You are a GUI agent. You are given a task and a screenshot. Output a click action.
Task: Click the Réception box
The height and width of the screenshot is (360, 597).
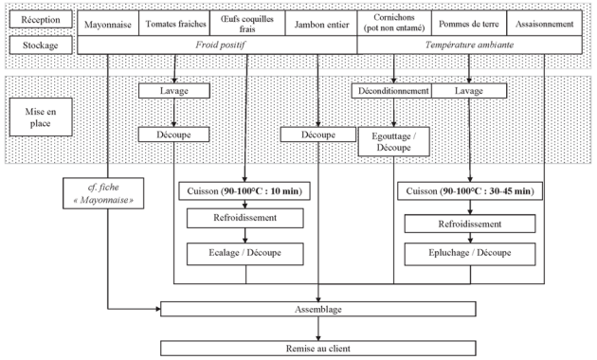pos(41,19)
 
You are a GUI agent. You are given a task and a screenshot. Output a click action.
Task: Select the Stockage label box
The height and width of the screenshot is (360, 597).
pos(41,45)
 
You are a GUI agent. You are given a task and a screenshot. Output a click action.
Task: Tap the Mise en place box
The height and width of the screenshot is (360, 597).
pos(41,117)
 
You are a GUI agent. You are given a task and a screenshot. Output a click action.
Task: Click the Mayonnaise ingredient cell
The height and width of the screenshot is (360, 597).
pos(108,24)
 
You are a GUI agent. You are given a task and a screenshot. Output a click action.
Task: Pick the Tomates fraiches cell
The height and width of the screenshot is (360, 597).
pos(175,24)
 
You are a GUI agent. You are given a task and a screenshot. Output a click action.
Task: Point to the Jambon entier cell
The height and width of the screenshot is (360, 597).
pos(321,24)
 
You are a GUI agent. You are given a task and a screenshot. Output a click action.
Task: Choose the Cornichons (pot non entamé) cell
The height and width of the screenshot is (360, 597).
pos(394,24)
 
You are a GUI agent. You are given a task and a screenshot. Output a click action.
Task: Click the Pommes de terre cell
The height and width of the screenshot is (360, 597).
pos(469,24)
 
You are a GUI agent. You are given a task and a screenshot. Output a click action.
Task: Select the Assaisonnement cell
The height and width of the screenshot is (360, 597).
pos(545,24)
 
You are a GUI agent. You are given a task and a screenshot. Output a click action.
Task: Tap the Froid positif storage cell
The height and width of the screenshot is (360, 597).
pos(217,45)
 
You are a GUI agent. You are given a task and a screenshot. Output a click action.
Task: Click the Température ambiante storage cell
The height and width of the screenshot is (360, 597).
pos(470,45)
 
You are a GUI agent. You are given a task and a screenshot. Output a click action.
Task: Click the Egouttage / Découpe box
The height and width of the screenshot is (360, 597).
pos(394,141)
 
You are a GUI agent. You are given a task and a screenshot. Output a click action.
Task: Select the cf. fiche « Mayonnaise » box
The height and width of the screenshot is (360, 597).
pos(103,193)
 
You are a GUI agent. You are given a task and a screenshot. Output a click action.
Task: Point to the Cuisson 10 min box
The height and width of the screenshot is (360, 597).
pos(244,191)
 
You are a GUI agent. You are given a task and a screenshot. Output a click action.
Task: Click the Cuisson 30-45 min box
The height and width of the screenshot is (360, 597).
pos(470,191)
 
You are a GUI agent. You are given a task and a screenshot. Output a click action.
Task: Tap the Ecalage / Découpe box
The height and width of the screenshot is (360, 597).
pos(245,254)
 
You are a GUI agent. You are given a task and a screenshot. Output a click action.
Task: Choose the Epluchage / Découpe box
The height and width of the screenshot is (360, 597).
pos(470,254)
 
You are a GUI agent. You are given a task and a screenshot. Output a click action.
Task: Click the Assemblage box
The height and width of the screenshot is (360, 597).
pos(318,309)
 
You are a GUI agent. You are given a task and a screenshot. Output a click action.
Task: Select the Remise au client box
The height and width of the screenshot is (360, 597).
pos(318,349)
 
